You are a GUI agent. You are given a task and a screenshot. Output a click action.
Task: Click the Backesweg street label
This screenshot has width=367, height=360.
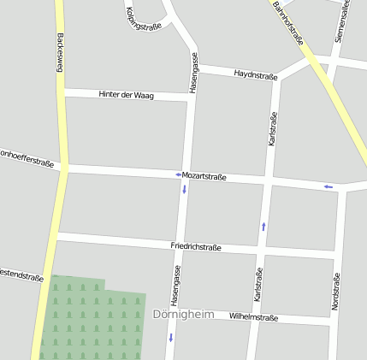pyautogui.click(x=61, y=53)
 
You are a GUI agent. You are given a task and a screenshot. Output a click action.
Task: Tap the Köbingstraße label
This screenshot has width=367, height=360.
pyautogui.click(x=144, y=15)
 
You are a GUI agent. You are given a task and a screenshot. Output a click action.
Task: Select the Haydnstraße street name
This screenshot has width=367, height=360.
pyautogui.click(x=256, y=75)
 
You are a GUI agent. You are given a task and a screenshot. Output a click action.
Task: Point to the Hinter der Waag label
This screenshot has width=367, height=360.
pyautogui.click(x=126, y=95)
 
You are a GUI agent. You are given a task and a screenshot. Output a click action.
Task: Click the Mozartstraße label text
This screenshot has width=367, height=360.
pyautogui.click(x=204, y=176)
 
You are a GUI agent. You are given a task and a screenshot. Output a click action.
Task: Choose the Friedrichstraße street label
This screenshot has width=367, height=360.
pyautogui.click(x=196, y=247)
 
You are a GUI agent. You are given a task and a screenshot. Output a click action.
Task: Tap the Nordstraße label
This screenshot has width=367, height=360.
pyautogui.click(x=335, y=291)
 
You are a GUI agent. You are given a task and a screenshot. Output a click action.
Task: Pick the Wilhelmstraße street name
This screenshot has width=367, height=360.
pyautogui.click(x=254, y=316)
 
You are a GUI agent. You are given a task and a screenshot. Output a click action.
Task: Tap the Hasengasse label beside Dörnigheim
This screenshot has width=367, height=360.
pyautogui.click(x=176, y=286)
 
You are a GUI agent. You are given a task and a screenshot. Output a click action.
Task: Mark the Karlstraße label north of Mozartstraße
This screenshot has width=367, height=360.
pyautogui.click(x=273, y=129)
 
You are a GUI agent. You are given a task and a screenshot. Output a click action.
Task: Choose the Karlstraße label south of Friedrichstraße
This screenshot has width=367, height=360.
pyautogui.click(x=257, y=285)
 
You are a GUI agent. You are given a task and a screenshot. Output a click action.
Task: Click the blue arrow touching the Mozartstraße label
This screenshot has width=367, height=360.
pyautogui.click(x=178, y=174)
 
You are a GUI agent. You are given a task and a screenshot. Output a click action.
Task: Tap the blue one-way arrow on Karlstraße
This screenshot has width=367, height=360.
pyautogui.click(x=263, y=226)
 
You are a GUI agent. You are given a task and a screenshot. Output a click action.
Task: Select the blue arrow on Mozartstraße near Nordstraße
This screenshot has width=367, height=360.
pyautogui.click(x=328, y=186)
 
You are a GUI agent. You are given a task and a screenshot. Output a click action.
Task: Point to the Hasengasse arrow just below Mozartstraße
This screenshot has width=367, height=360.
pyautogui.click(x=184, y=188)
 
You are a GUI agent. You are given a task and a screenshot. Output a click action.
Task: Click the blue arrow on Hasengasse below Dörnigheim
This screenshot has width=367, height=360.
pyautogui.click(x=170, y=337)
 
